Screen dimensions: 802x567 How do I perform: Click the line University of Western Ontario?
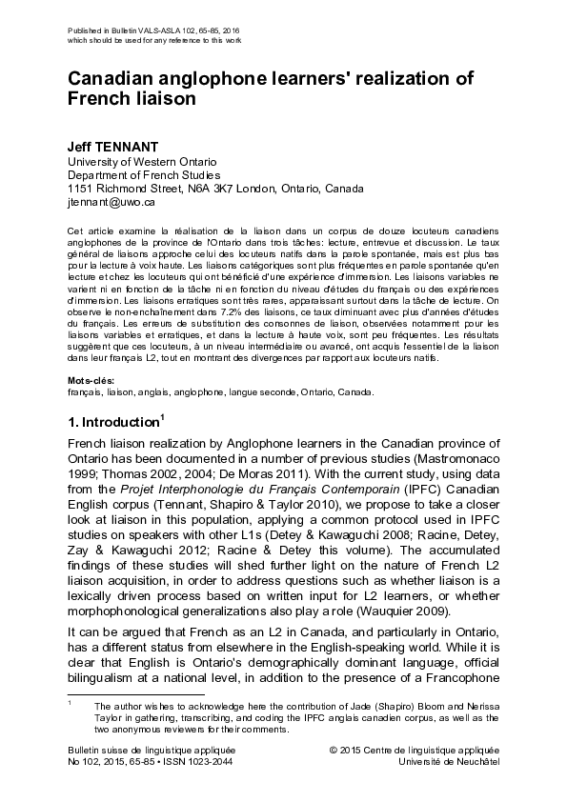coord(142,162)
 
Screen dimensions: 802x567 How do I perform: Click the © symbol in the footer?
coord(334,751)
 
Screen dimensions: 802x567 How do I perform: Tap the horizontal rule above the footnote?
coord(135,694)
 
